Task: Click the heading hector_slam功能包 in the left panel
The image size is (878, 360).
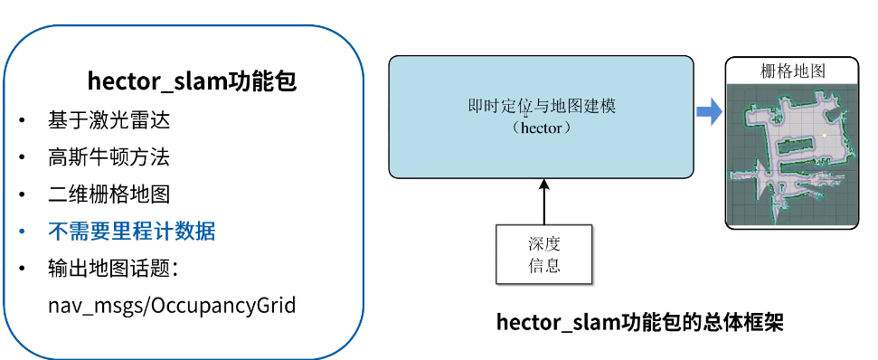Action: tap(192, 81)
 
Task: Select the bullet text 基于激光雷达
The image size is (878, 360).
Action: tap(109, 120)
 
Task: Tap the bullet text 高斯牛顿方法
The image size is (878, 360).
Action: tap(109, 157)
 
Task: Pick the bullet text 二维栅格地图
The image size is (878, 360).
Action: tap(109, 194)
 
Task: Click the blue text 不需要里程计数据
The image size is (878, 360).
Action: tap(131, 232)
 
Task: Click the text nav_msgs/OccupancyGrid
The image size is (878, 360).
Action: tap(172, 305)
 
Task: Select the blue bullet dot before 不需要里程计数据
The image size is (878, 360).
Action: tap(22, 232)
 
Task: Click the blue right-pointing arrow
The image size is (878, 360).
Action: tap(709, 112)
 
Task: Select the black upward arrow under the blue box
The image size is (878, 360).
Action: tap(543, 200)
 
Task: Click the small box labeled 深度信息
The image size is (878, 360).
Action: tap(543, 254)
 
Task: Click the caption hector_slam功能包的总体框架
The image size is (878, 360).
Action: tap(639, 323)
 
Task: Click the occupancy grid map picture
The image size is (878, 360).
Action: tap(792, 154)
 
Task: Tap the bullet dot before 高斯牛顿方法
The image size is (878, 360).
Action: tap(22, 158)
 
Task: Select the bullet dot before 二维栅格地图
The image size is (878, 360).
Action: tap(22, 195)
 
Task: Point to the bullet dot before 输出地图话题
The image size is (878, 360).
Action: tap(22, 270)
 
